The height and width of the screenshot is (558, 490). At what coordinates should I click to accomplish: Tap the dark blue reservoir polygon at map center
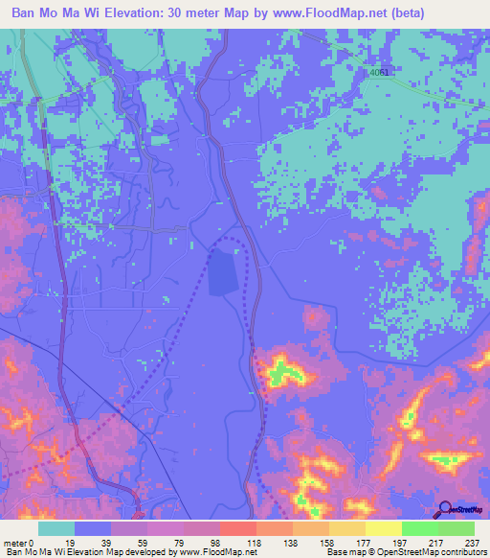222,271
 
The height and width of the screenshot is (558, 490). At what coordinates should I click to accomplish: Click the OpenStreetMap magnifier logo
444,509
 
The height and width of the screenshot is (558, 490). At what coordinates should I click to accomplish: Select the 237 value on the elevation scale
472,542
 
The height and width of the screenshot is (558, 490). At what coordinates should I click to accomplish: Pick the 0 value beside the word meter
33,542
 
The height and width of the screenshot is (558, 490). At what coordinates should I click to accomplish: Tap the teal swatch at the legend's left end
56,528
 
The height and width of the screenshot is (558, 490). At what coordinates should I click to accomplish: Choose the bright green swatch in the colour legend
419,528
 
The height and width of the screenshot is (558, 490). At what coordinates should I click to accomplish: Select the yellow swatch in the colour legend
383,528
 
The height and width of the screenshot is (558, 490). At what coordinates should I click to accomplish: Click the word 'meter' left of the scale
15,542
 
